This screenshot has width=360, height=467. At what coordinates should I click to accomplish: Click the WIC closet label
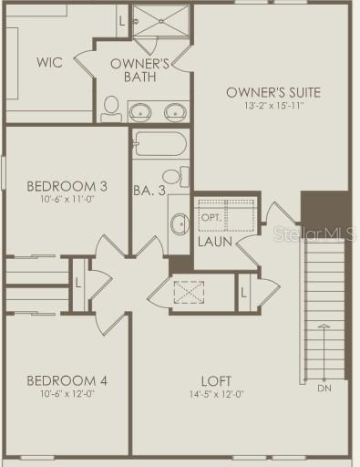[48, 63]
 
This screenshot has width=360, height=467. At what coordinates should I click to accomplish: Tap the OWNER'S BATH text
[141, 70]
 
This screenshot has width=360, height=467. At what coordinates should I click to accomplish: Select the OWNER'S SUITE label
[273, 92]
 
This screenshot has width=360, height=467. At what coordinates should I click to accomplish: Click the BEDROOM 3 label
[67, 186]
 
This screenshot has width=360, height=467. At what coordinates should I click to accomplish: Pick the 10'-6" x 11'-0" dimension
[67, 200]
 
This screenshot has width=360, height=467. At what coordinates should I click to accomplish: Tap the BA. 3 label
[148, 192]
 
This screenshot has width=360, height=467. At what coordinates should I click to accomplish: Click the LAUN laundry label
[215, 242]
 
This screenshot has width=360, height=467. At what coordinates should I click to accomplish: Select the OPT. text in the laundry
[211, 219]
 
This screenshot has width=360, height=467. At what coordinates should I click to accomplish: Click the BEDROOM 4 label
[67, 380]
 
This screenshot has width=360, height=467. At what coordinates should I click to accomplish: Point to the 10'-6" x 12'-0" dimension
[67, 395]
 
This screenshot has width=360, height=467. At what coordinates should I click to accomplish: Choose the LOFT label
[217, 380]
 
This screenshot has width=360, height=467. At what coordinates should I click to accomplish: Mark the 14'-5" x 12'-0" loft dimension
[216, 395]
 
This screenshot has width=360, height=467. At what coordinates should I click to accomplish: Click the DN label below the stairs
[325, 388]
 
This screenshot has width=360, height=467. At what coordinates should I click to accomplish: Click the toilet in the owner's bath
[110, 110]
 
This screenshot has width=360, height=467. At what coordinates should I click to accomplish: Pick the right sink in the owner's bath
[175, 113]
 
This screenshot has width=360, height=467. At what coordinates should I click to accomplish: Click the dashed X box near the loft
[191, 294]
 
